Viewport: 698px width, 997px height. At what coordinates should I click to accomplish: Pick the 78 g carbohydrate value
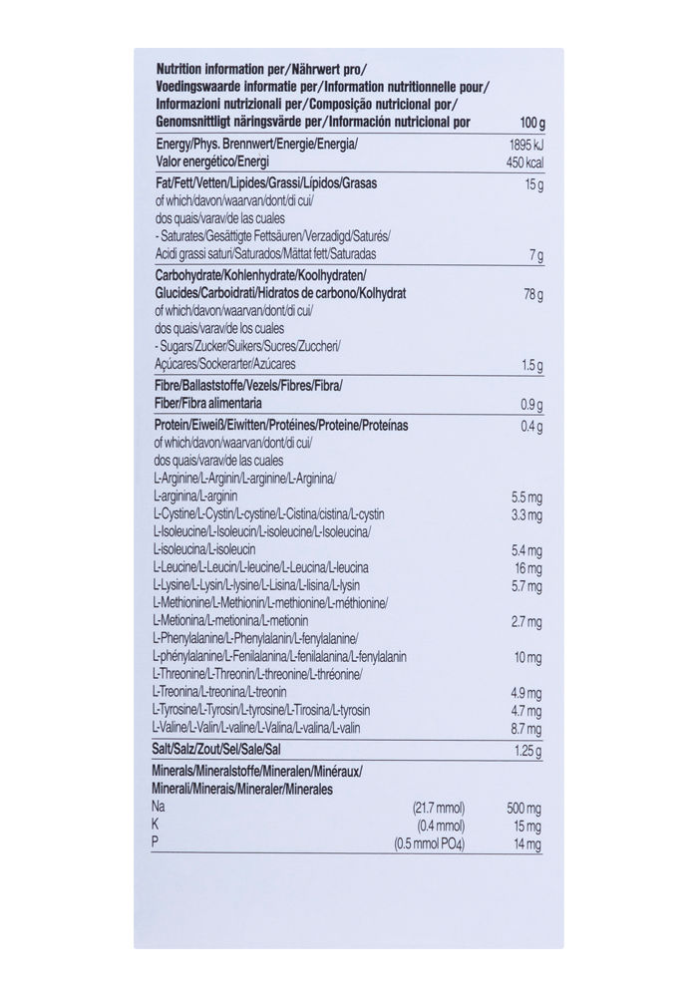click(x=533, y=294)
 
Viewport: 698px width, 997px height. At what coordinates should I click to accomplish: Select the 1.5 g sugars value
click(x=531, y=365)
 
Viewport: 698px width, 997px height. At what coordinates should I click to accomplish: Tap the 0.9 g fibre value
click(x=531, y=405)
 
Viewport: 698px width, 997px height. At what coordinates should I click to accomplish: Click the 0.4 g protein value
click(x=531, y=427)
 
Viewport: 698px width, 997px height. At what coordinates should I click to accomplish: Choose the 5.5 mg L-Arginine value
click(x=526, y=497)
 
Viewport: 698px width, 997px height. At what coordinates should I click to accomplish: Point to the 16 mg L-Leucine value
click(x=528, y=568)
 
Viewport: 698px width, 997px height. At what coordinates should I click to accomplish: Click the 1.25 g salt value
click(x=528, y=750)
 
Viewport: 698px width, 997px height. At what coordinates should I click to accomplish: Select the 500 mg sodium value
click(x=524, y=807)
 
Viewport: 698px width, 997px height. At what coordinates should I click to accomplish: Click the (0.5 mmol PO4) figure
click(x=430, y=844)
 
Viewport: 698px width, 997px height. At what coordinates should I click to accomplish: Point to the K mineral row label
click(x=157, y=826)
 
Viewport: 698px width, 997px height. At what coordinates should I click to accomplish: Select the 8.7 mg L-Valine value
click(x=526, y=728)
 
